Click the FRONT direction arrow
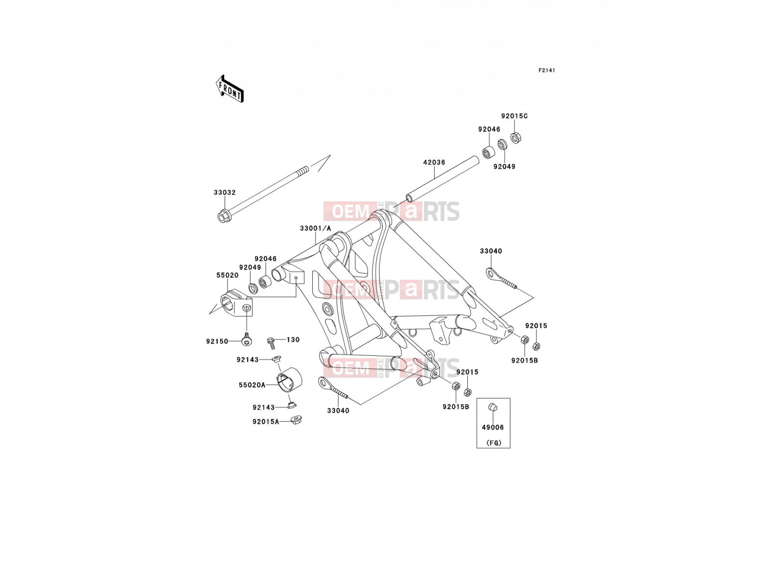[x=230, y=89]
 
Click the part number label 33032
[x=225, y=193]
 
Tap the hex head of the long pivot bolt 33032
[x=223, y=216]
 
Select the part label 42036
[x=434, y=162]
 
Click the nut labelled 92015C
[x=515, y=138]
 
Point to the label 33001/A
[x=315, y=228]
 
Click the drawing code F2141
[x=547, y=71]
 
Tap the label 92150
[x=217, y=342]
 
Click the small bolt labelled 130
[x=272, y=343]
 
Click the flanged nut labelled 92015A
[x=297, y=419]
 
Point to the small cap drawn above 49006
[x=492, y=407]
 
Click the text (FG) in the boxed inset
[x=494, y=442]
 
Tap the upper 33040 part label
[x=491, y=251]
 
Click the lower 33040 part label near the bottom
[x=338, y=411]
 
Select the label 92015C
[x=514, y=116]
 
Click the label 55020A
[x=252, y=385]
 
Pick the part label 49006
[x=493, y=427]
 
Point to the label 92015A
[x=266, y=421]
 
